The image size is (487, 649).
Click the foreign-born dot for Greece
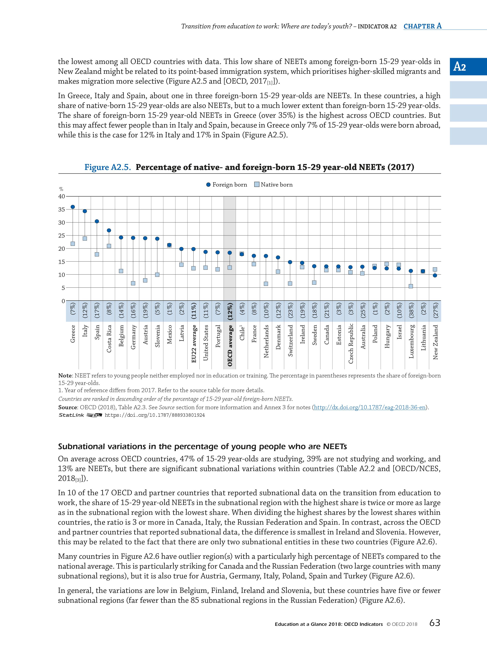(73, 207)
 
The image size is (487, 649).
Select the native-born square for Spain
(97, 254)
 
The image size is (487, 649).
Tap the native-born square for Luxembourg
(411, 286)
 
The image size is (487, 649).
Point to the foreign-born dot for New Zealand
(435, 275)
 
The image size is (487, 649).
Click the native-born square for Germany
(133, 283)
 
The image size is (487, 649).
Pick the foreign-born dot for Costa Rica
(109, 230)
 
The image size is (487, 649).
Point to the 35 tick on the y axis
(62, 210)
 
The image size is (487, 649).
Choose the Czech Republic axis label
(351, 343)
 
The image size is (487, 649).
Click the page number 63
(434, 630)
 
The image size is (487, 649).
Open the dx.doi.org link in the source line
(370, 407)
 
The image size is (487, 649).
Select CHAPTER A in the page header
(422, 26)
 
